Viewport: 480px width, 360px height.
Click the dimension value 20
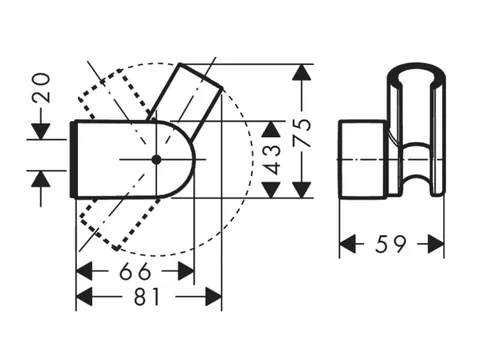click(42, 88)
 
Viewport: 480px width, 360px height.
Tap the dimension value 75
click(301, 132)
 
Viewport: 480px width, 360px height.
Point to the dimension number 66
click(135, 271)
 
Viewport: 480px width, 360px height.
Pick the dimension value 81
click(147, 296)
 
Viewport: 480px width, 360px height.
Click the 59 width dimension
click(391, 244)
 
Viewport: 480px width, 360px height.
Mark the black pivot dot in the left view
click(156, 160)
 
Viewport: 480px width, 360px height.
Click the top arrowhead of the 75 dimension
click(301, 72)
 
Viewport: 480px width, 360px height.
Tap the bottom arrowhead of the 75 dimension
click(301, 190)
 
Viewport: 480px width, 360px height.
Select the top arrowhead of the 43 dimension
click(270, 129)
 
